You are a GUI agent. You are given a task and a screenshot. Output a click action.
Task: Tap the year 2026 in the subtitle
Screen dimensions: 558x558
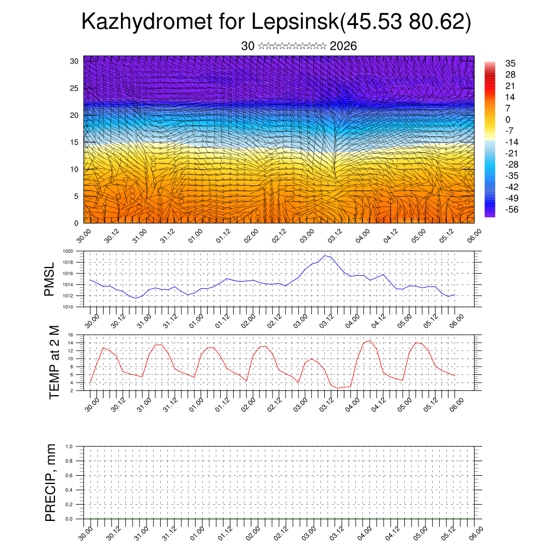[x=343, y=46]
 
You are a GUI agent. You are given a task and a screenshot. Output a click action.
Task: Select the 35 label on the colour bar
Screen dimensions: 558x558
[x=511, y=63]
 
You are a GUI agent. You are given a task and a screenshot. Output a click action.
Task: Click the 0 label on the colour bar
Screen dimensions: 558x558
[x=508, y=119]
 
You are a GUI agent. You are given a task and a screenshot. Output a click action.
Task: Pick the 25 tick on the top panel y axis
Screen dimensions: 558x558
[x=75, y=88]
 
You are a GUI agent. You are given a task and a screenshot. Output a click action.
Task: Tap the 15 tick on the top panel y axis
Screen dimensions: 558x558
[x=75, y=142]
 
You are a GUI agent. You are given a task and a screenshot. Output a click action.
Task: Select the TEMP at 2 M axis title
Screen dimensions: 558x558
[x=54, y=362]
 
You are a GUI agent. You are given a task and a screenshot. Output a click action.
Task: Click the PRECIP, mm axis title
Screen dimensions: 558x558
[x=51, y=482]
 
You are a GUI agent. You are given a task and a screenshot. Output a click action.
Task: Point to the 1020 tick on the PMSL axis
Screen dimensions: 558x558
[x=68, y=251]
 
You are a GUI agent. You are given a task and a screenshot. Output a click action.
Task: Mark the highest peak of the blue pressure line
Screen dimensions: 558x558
[x=325, y=255]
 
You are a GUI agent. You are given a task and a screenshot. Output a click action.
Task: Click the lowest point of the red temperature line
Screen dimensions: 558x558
[x=338, y=388]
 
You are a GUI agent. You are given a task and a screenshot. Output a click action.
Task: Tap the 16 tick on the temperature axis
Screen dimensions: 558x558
[x=70, y=335]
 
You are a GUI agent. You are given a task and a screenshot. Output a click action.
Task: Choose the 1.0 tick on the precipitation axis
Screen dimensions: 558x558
[x=69, y=446]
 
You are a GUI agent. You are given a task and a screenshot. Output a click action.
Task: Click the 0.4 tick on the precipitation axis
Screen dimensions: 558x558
[x=69, y=490]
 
